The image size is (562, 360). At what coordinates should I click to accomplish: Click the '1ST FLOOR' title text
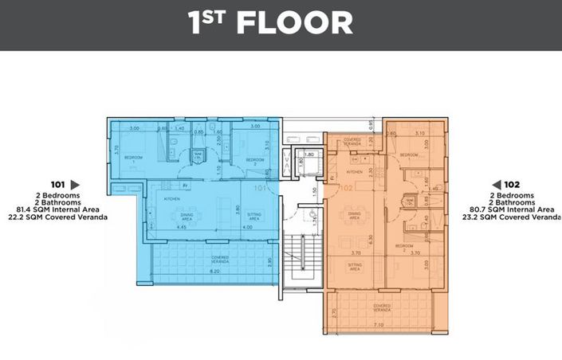pyautogui.click(x=270, y=23)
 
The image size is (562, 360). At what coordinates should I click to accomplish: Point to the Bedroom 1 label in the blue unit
pyautogui.click(x=133, y=158)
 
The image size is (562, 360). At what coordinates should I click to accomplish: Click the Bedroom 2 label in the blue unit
pyautogui.click(x=254, y=160)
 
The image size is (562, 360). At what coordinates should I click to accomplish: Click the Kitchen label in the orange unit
pyautogui.click(x=356, y=172)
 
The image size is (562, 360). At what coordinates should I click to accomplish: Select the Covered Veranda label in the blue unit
pyautogui.click(x=221, y=258)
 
